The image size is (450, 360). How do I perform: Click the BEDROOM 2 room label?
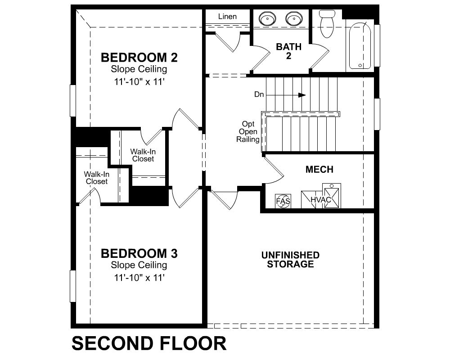pos(139,58)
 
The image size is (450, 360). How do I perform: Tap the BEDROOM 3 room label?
pos(139,253)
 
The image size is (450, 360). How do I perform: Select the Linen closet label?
pos(227,16)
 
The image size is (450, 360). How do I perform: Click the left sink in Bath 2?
pos(267,18)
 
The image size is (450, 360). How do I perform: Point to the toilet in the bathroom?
pos(327,23)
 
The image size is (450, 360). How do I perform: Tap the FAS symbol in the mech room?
pos(283,201)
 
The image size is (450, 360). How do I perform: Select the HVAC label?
pos(321,199)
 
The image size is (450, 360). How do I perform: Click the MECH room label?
pos(319,169)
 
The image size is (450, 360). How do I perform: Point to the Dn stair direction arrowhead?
pos(302,95)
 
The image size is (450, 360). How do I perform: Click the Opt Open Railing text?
pos(248,131)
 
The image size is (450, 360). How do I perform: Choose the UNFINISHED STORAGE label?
pos(290,260)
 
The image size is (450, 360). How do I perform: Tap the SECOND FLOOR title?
pos(149,343)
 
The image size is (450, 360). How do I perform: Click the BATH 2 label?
pos(289,51)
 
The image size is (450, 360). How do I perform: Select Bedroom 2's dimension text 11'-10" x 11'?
pos(139,82)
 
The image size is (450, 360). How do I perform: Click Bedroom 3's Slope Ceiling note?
pos(139,265)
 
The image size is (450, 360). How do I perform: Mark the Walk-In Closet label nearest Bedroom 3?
pos(96,178)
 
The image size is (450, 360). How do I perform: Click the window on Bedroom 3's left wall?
pos(73,286)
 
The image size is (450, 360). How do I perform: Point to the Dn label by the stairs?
pos(259,94)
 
